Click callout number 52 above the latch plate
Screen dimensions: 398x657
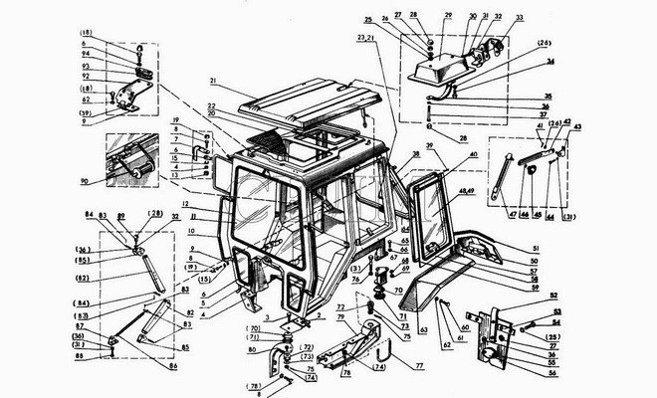(x=527, y=297)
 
